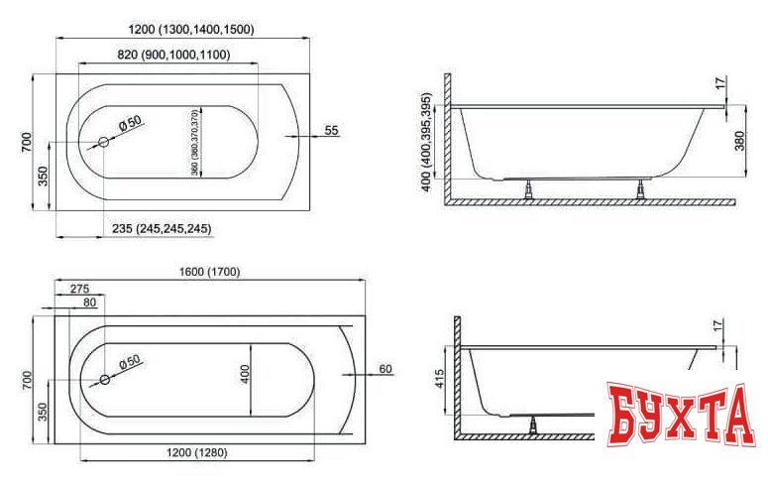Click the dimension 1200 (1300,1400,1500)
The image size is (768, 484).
click(190, 30)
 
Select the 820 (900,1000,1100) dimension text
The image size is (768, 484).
click(173, 55)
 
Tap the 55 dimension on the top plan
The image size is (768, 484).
click(332, 130)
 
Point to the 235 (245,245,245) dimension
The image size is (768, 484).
click(162, 228)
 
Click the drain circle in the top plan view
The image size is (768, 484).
click(103, 143)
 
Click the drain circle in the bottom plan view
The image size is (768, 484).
click(103, 380)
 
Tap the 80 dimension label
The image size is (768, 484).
click(89, 302)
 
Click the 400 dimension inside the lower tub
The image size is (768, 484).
click(245, 373)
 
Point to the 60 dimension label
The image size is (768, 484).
click(386, 369)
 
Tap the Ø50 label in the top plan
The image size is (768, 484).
click(132, 122)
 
